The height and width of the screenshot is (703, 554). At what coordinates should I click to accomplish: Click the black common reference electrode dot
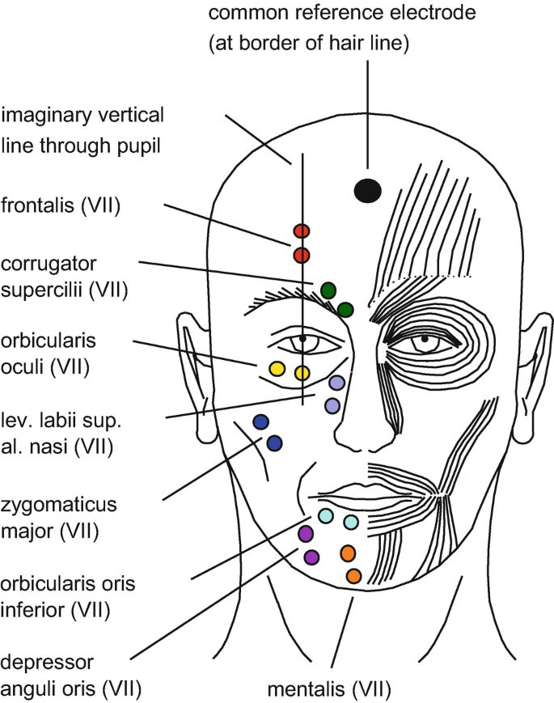coord(368,190)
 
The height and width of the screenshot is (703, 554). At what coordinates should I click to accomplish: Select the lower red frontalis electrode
coord(302,256)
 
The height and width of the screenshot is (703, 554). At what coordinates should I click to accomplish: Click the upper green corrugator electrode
coord(328,290)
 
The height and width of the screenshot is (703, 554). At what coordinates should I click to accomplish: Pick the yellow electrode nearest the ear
coord(276,369)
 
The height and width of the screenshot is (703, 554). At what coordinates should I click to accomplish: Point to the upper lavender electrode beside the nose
coord(336,383)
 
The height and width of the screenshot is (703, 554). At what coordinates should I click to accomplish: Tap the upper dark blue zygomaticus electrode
coord(260,421)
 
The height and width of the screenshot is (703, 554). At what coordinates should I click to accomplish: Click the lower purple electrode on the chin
coord(311,557)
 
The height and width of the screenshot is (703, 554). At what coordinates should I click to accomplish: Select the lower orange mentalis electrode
coord(353,576)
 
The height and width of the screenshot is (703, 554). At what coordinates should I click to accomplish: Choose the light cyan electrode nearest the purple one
coord(325,515)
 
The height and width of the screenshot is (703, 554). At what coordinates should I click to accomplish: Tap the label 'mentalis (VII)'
coord(329,689)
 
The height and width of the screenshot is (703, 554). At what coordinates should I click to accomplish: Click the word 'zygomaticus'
coord(59,505)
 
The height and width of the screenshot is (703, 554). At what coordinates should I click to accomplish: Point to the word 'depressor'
coord(46,663)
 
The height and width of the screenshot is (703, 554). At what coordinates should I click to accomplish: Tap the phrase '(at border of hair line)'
coord(310,44)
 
